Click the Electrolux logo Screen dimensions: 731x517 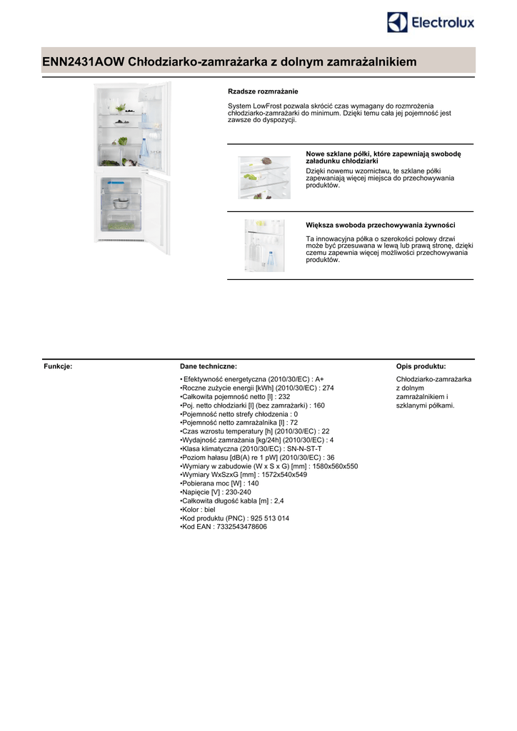[x=431, y=23]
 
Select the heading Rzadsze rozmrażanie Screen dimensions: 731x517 [x=263, y=91]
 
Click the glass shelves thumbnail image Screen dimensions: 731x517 [x=264, y=177]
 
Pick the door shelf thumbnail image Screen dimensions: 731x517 [x=264, y=245]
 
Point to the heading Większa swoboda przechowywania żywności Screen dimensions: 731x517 [x=381, y=225]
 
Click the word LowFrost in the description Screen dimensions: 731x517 [x=265, y=106]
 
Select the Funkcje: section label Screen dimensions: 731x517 [x=59, y=366]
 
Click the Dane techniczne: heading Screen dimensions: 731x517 [x=209, y=366]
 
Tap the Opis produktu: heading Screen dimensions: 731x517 [x=421, y=366]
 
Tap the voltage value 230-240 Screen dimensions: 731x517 [x=238, y=492]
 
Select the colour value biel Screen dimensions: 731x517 [x=209, y=510]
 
